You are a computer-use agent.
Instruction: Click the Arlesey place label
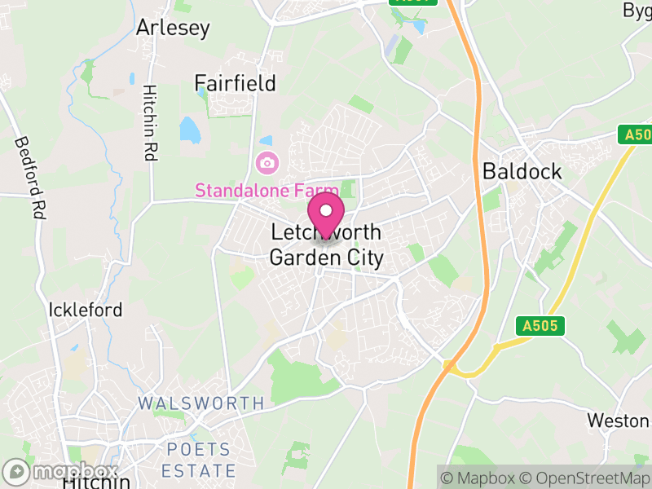click(x=173, y=27)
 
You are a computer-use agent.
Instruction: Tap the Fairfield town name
click(x=235, y=83)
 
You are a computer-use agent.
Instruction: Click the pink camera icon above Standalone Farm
click(x=266, y=163)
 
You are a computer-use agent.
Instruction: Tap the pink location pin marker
click(x=327, y=214)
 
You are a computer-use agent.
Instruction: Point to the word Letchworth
click(x=326, y=234)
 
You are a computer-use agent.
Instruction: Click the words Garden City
click(x=326, y=258)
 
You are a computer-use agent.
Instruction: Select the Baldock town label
click(x=522, y=171)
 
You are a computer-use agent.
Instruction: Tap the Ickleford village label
click(x=86, y=310)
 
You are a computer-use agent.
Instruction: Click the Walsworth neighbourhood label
click(x=200, y=403)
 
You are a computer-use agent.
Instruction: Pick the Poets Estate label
click(x=198, y=460)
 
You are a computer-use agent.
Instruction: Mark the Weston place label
click(x=618, y=421)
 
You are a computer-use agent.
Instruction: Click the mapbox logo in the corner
click(x=61, y=472)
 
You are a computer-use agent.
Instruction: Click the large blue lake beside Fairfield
click(x=190, y=129)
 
